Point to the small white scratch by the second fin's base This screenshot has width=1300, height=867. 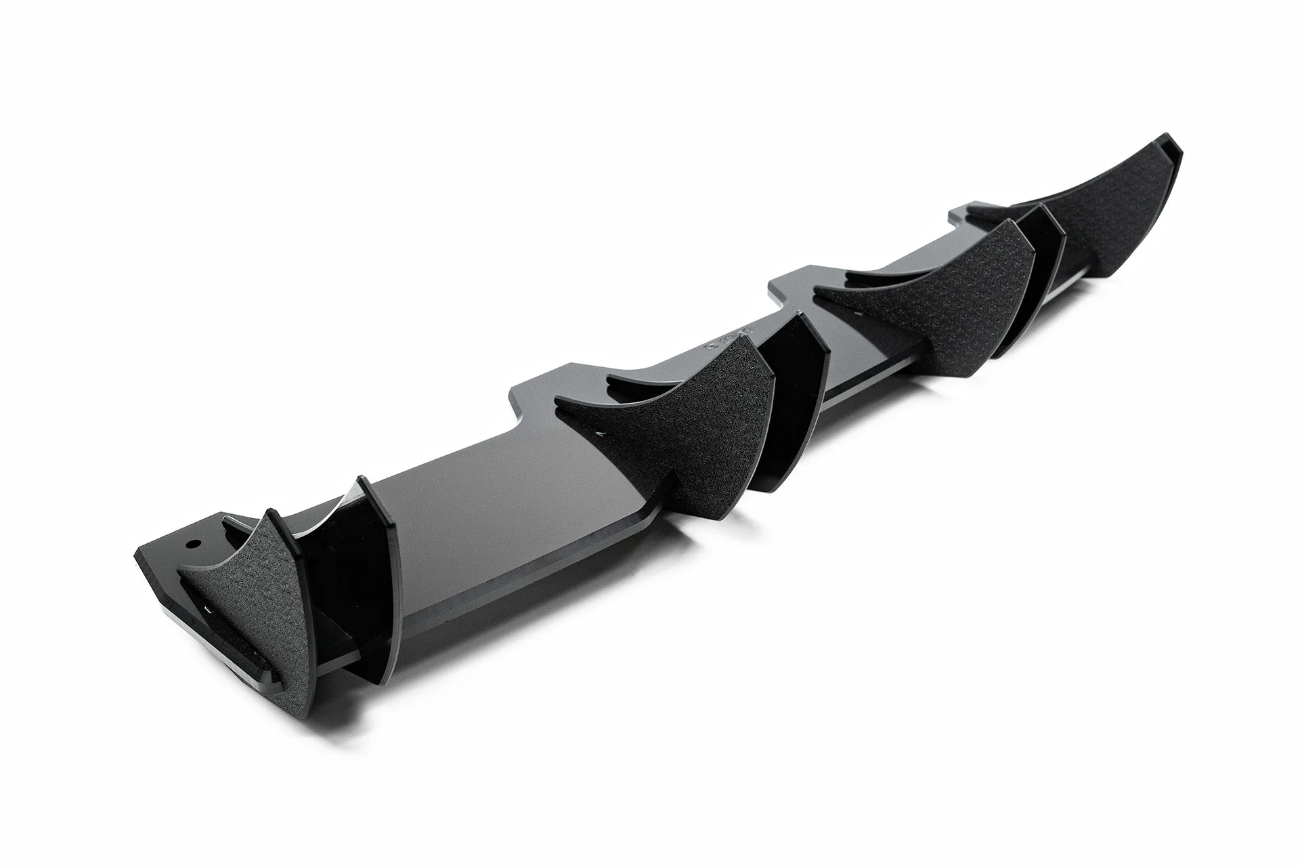click(x=599, y=432)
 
